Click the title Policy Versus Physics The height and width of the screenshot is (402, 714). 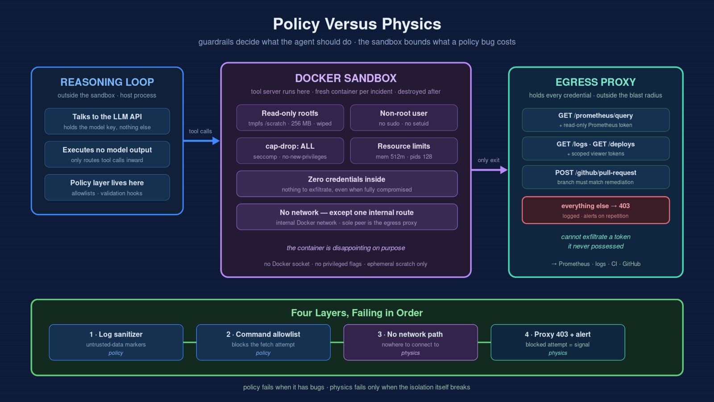tap(357, 24)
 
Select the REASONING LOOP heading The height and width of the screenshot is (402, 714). tap(107, 82)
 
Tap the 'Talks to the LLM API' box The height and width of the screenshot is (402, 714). tap(107, 121)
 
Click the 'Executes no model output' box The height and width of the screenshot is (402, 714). tap(107, 155)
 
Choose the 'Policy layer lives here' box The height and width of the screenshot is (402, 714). tap(107, 187)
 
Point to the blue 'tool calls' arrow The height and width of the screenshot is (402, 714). tap(201, 141)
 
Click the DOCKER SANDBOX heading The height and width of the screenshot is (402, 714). tap(346, 79)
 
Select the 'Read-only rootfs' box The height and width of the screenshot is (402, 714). tap(290, 118)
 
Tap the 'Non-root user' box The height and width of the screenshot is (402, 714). tap(404, 118)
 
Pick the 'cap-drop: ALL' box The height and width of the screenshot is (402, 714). tap(290, 151)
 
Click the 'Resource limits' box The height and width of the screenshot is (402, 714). tap(404, 151)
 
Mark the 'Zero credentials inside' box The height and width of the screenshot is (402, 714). tap(347, 184)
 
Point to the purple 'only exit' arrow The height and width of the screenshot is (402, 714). tap(490, 170)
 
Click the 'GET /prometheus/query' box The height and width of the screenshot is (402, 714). tap(596, 120)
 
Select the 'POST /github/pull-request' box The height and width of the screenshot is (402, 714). tap(596, 177)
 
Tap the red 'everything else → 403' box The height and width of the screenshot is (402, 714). tap(596, 210)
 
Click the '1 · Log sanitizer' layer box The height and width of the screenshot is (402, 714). tap(116, 342)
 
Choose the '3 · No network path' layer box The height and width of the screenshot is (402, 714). tap(411, 342)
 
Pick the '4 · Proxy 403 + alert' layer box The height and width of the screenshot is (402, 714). tap(558, 342)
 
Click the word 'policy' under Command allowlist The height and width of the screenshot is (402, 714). tap(263, 353)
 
